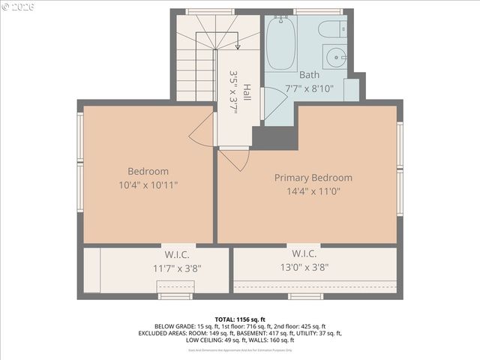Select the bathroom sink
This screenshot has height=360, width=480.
click(x=335, y=57)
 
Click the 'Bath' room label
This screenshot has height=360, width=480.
click(x=309, y=75)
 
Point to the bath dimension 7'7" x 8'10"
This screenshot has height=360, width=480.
click(x=309, y=88)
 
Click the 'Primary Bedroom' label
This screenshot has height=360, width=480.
click(x=313, y=178)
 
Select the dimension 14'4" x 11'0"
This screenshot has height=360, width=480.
click(x=313, y=191)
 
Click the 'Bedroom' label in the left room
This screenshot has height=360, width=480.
click(x=148, y=171)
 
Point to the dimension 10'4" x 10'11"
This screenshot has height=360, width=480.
click(x=148, y=184)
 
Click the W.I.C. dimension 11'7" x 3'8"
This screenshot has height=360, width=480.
click(x=177, y=268)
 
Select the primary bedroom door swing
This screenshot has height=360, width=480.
click(x=234, y=158)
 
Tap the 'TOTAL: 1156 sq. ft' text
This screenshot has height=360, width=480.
click(x=240, y=319)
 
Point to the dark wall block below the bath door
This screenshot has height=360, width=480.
click(x=274, y=137)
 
